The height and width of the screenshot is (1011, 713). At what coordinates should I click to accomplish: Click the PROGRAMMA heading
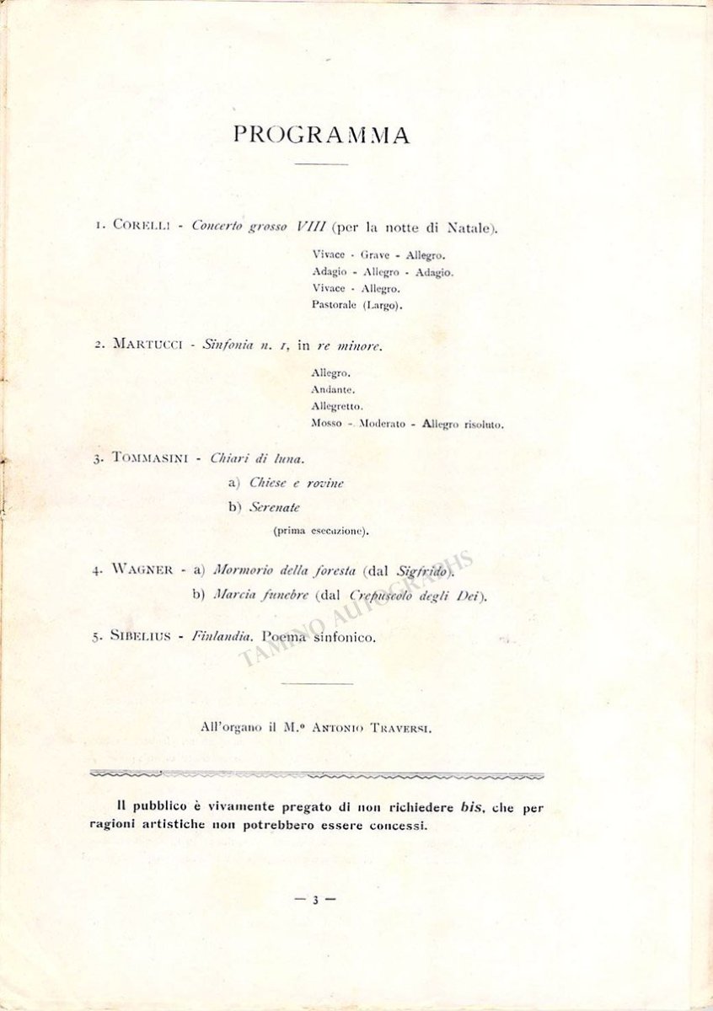point(321,135)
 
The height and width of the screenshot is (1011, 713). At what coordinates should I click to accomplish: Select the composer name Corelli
point(142,227)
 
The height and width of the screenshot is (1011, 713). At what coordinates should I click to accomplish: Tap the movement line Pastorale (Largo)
point(356,305)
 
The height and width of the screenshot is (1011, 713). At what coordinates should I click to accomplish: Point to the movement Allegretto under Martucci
point(336,407)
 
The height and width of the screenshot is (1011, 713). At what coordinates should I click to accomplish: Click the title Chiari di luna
point(257,458)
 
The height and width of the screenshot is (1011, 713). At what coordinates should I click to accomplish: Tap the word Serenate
point(276,507)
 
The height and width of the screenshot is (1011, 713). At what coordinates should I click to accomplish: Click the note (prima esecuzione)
point(321,532)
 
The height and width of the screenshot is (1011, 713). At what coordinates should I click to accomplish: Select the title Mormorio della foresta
point(285,570)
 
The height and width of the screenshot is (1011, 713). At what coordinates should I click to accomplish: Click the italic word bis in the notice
point(469,807)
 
